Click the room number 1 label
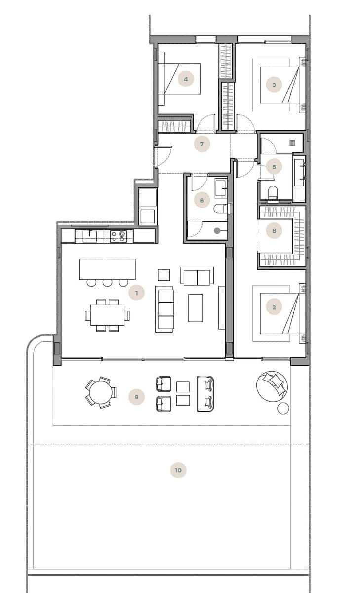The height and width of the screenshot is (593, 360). (136, 293)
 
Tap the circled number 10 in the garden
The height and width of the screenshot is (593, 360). (178, 470)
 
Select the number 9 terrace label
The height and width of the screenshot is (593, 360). (136, 397)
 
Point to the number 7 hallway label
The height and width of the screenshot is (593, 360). (201, 144)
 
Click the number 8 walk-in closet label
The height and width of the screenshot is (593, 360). (274, 230)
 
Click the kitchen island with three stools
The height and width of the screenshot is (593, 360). (107, 269)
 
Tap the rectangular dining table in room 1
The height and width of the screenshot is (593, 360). (107, 314)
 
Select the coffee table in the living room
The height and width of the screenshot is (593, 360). (196, 307)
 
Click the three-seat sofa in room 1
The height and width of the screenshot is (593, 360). (164, 309)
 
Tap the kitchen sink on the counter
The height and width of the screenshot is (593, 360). (89, 236)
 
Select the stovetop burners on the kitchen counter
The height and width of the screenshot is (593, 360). (119, 236)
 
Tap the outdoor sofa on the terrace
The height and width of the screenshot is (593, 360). (206, 393)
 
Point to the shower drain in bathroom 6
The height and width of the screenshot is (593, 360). (217, 230)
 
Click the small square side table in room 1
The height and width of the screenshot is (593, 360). (163, 275)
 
